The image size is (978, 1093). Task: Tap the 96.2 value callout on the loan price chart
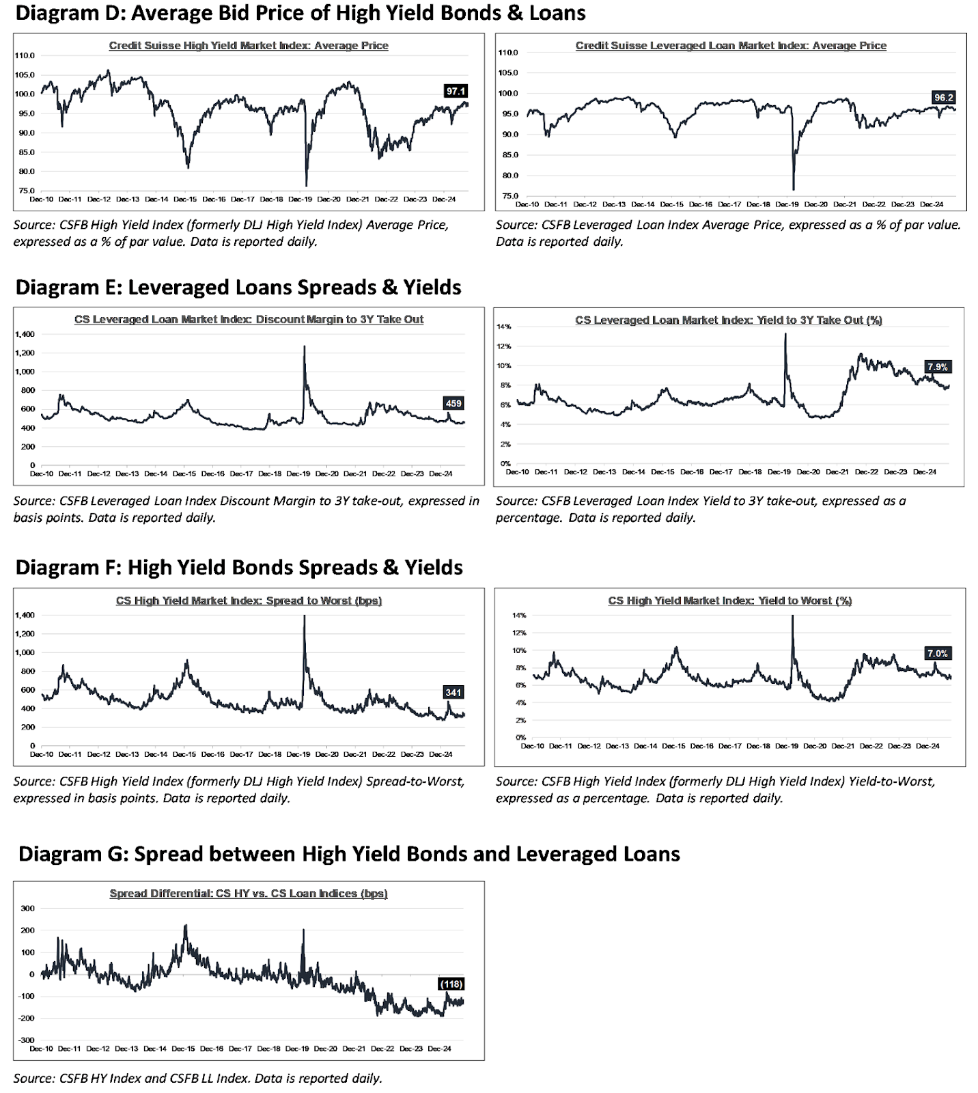coord(943,98)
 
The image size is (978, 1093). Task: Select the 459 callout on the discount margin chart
coord(453,404)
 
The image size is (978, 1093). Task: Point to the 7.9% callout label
coord(938,367)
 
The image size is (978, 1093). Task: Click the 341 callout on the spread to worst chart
coord(453,692)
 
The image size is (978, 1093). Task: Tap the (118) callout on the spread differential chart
coord(451,984)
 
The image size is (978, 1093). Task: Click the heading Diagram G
coord(349,854)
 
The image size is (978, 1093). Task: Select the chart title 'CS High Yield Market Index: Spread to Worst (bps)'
coord(249,600)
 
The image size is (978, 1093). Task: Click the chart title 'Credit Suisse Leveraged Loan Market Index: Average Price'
coord(731,46)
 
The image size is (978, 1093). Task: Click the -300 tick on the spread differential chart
coord(26,1040)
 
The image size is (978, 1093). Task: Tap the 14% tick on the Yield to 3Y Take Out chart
coord(504,327)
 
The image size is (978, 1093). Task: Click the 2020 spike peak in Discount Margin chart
coord(304,347)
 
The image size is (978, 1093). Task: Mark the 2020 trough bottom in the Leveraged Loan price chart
coord(794,189)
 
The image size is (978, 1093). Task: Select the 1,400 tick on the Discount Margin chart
coord(24,334)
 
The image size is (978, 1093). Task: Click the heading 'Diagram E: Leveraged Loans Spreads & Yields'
coord(238,287)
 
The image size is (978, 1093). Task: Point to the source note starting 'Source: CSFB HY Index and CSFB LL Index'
coord(197,1078)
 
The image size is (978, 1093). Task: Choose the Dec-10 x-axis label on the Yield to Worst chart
coord(532,746)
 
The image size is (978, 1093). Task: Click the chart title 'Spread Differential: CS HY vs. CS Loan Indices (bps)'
coord(249,894)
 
